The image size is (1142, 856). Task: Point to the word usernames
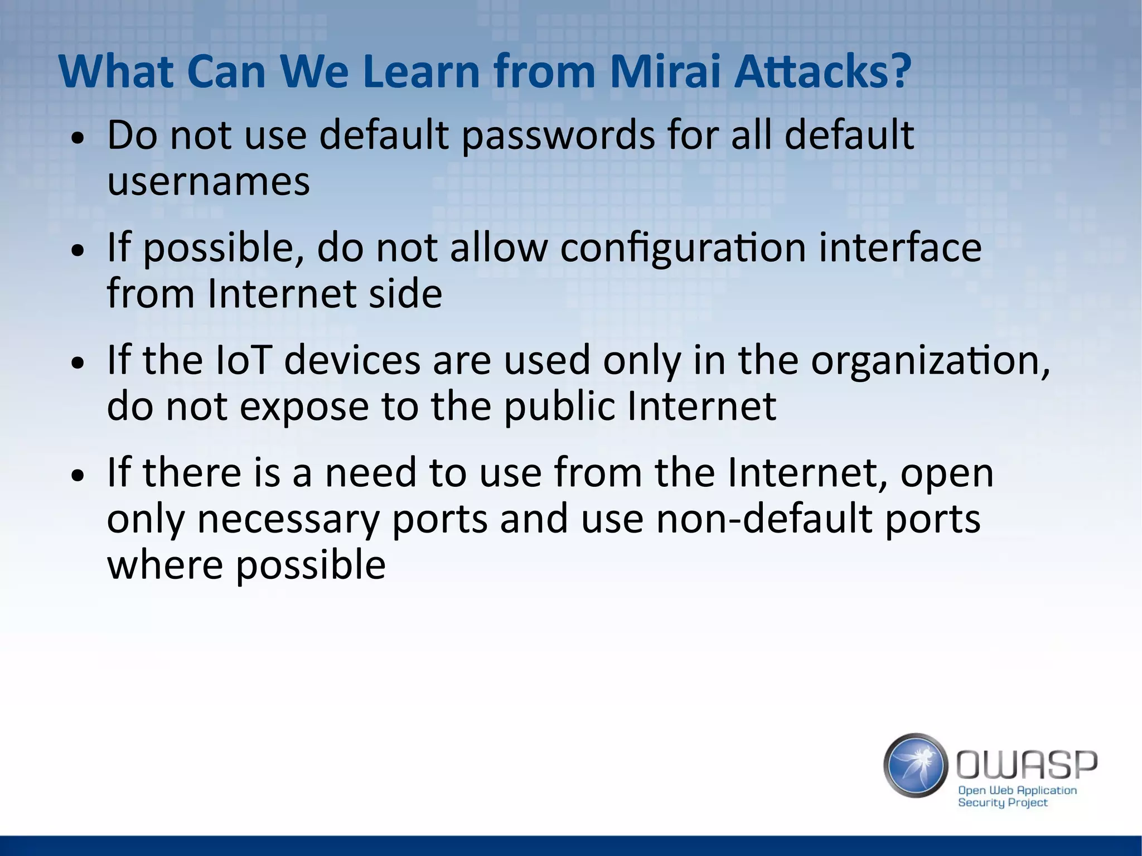(208, 182)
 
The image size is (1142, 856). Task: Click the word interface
(900, 248)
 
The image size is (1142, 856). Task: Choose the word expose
(304, 407)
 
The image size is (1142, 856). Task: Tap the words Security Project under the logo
(1003, 802)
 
